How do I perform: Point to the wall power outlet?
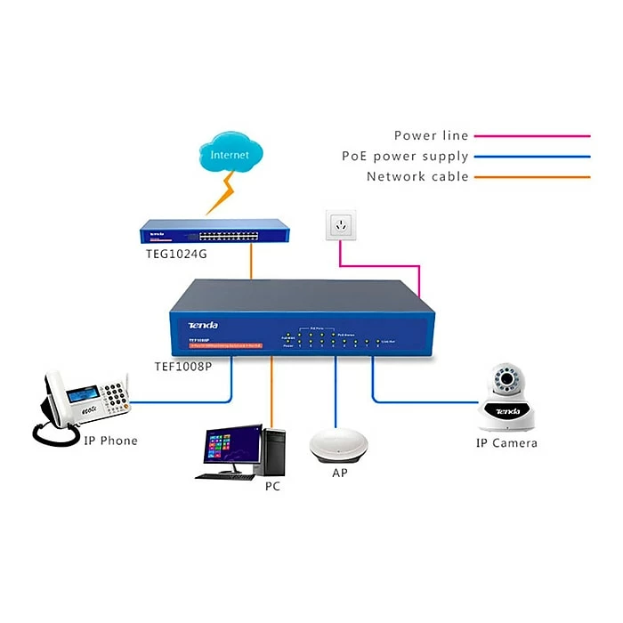click(x=340, y=225)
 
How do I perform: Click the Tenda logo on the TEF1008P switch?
click(x=202, y=325)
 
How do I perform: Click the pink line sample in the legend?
click(x=531, y=136)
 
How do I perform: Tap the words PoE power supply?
click(x=405, y=156)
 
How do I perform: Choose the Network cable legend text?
click(x=417, y=176)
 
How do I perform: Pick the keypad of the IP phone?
click(x=114, y=392)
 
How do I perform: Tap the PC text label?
click(x=273, y=488)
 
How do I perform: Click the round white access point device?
click(x=339, y=445)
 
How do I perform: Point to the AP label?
click(x=339, y=473)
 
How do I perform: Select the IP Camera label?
click(x=506, y=442)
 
